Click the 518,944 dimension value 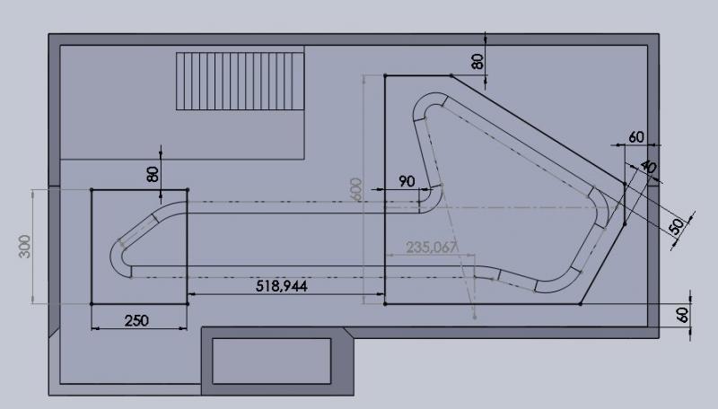281,286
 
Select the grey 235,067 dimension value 432,248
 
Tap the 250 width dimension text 136,320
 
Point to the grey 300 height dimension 25,246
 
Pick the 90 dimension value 407,181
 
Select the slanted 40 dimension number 649,167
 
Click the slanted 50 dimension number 677,226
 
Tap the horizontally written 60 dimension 636,137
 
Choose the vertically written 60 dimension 682,315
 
